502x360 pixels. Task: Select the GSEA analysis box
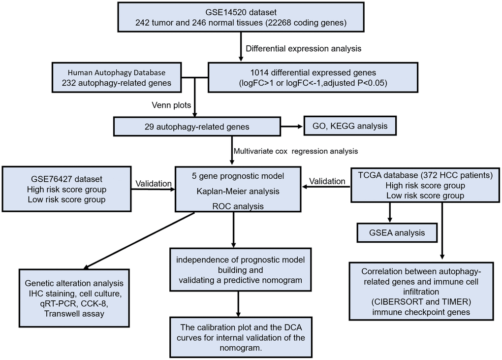tap(397, 231)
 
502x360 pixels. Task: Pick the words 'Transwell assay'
tap(75, 314)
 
